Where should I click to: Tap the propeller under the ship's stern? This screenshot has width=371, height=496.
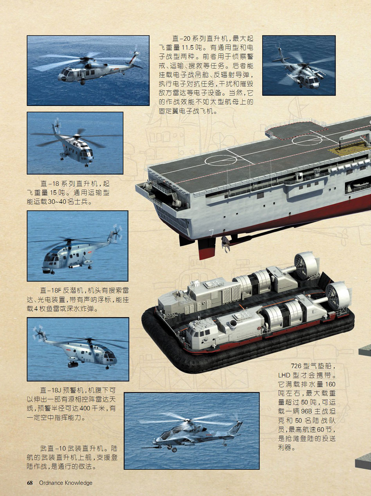point(225,244)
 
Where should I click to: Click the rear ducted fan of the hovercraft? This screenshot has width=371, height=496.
point(306,266)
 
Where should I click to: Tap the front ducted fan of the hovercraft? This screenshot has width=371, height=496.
point(337,296)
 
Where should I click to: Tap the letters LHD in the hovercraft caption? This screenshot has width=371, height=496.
point(284,375)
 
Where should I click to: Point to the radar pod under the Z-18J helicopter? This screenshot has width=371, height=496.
point(73,364)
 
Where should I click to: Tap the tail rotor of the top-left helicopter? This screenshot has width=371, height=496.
point(136,53)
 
